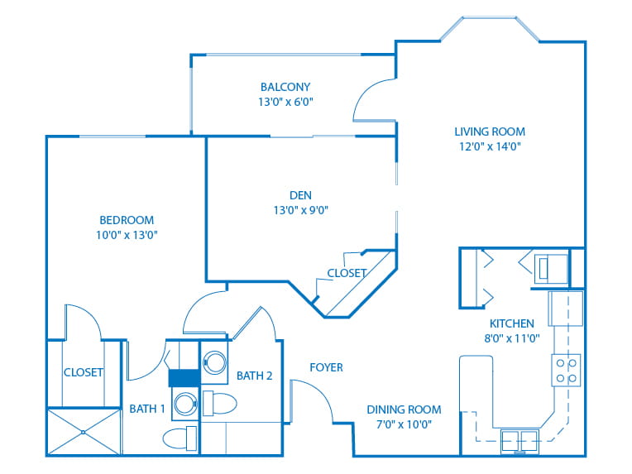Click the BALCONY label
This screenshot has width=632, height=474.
click(285, 87)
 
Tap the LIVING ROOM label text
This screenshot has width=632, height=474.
click(489, 132)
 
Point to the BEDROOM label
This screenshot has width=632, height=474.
click(127, 220)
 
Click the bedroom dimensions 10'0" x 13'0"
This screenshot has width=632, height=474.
click(127, 235)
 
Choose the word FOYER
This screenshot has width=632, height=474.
click(326, 367)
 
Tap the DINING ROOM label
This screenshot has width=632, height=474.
click(404, 409)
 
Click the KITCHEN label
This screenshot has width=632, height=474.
click(511, 323)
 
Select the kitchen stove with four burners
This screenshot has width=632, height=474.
click(567, 370)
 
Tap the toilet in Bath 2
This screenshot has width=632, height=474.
click(219, 404)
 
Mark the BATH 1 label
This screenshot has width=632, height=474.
click(147, 409)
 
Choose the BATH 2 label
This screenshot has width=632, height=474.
click(255, 376)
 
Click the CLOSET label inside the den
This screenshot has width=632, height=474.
click(347, 273)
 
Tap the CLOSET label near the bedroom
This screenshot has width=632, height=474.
click(84, 372)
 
